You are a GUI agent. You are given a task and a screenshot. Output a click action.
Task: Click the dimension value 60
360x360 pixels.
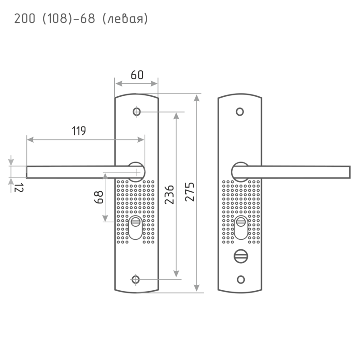tap(137, 75)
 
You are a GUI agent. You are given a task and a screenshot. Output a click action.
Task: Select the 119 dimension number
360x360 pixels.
tap(79, 131)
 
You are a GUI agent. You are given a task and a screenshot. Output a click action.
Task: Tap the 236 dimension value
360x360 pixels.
tap(170, 195)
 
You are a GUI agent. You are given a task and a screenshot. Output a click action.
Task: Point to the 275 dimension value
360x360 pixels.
tap(190, 192)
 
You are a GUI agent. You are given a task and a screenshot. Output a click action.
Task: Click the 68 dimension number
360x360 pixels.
tap(99, 197)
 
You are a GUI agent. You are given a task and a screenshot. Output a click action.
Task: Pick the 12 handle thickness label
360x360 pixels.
tap(18, 188)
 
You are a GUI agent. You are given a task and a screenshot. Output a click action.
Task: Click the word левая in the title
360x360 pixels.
tap(126, 19)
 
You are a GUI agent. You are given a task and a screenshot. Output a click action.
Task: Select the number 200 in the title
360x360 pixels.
tap(25, 18)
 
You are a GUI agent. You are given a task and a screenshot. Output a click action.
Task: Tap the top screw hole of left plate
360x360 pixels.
tap(137, 112)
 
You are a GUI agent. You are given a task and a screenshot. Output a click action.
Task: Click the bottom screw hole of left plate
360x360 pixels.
tap(135, 279)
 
